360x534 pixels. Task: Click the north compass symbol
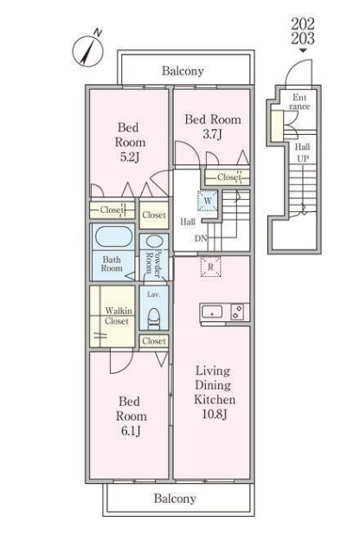(87, 49)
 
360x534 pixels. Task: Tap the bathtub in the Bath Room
(113, 236)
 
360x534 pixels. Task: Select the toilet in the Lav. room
(153, 318)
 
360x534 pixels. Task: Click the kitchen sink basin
(212, 312)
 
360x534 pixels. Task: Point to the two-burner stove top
(237, 312)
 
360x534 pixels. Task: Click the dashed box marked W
(208, 201)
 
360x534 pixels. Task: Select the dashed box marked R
(211, 267)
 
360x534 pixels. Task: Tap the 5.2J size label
(130, 158)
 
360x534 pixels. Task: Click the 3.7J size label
(213, 134)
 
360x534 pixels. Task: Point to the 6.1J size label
(131, 431)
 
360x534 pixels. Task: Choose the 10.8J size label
(215, 414)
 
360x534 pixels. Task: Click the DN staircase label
(201, 238)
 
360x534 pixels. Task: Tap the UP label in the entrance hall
(303, 158)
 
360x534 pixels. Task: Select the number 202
(303, 24)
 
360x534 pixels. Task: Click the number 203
(303, 38)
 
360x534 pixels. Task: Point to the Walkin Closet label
(118, 316)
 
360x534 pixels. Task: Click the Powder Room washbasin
(154, 241)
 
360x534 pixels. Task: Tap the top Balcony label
(183, 71)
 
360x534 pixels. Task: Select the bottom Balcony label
(175, 499)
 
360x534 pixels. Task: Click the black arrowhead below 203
(303, 50)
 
